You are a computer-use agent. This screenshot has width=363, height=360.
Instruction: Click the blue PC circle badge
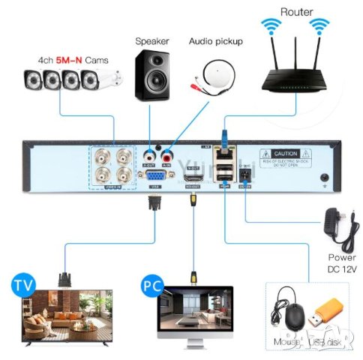[151, 286]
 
